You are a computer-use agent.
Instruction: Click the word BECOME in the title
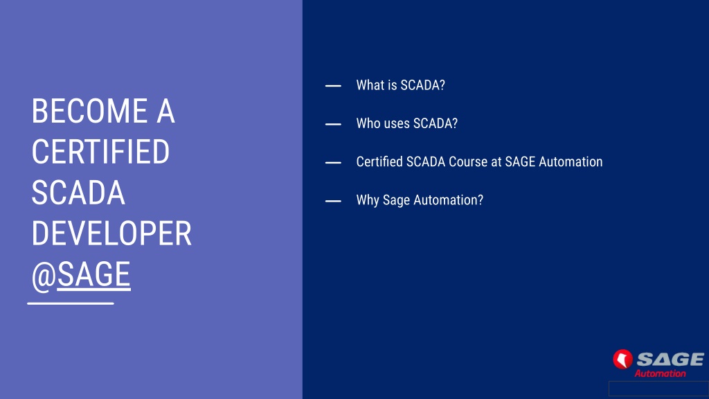coord(89,112)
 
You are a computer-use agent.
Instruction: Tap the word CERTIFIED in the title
coord(100,152)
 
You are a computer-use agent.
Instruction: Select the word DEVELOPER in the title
coord(111,233)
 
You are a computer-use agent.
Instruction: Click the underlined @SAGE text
coord(81,275)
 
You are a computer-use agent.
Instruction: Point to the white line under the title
coord(71,303)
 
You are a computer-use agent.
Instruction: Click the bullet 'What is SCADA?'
coord(401,85)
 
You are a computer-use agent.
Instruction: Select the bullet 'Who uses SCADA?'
coord(407,123)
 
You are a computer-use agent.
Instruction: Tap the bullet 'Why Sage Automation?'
coord(420,200)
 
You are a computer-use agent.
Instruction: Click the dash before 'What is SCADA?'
coord(333,85)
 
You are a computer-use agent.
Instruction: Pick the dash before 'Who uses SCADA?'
coord(333,124)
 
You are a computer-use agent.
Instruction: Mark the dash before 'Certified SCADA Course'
coord(333,162)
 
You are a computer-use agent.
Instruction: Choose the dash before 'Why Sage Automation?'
coord(333,201)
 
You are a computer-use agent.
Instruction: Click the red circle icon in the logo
coord(622,360)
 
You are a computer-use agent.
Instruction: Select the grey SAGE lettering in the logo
coord(670,360)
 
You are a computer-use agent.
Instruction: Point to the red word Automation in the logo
coord(660,373)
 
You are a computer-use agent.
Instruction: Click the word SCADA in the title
coord(78,193)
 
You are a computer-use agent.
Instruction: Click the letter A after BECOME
coord(165,112)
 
